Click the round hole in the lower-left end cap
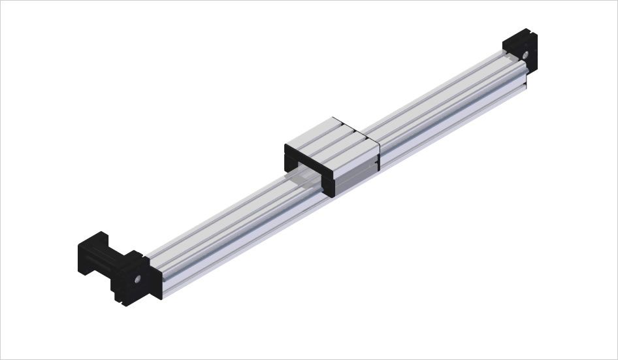[x=138, y=278]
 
